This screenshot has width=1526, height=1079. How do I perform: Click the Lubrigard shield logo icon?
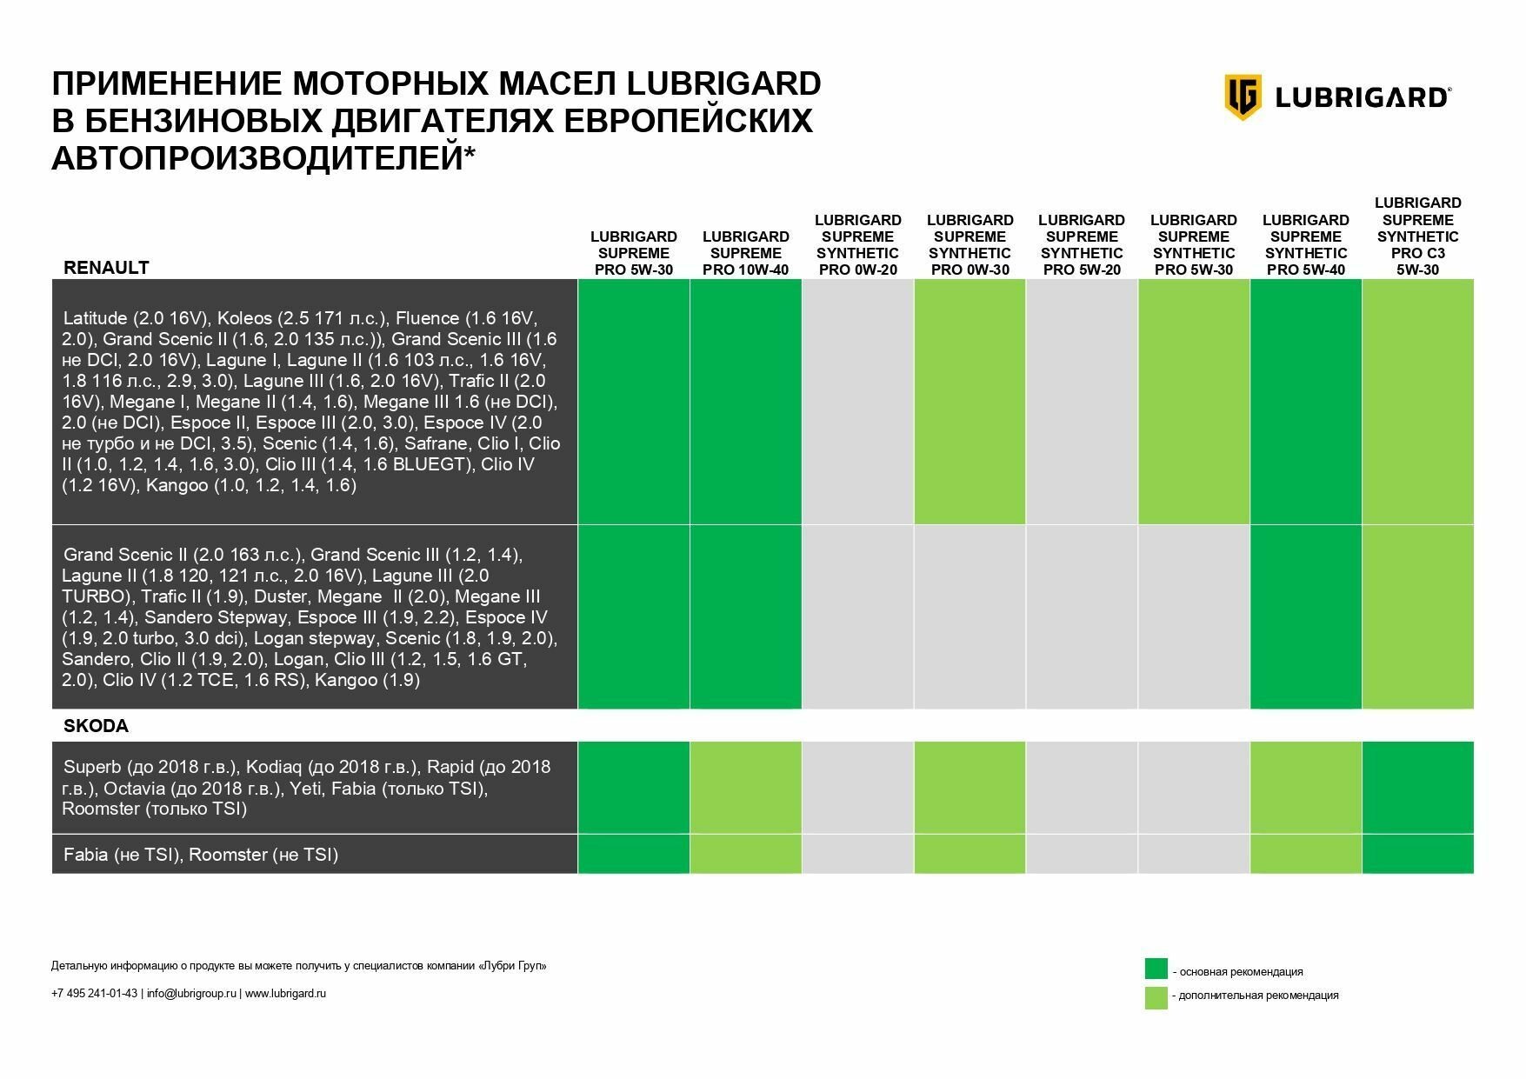[1243, 97]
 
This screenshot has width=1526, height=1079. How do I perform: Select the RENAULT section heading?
[106, 268]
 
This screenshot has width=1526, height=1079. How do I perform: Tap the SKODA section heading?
[96, 726]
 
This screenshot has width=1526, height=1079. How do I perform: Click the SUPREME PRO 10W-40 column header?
[745, 253]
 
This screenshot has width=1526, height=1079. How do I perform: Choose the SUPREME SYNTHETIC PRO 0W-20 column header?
[857, 244]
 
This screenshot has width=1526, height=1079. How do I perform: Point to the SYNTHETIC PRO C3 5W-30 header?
[1417, 236]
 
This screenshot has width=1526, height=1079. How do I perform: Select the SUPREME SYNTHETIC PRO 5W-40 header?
[1305, 244]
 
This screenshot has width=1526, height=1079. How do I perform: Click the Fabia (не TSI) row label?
[201, 855]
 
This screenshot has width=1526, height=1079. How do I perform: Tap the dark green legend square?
[1156, 969]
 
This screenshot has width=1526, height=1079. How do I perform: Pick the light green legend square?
[1156, 997]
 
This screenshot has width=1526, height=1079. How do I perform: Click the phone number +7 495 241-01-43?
[94, 994]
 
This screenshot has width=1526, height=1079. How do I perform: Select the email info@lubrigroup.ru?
[191, 994]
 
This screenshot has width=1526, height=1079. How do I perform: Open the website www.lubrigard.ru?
[285, 994]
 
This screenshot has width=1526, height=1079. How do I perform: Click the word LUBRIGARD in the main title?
[723, 84]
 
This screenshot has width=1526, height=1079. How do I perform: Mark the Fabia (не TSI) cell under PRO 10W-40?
[745, 854]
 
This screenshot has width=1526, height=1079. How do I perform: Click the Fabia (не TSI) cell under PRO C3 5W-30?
[1417, 854]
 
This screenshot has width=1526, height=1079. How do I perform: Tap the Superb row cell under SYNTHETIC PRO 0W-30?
[970, 788]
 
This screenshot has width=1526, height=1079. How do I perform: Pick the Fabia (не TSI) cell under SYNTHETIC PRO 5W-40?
[1305, 854]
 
